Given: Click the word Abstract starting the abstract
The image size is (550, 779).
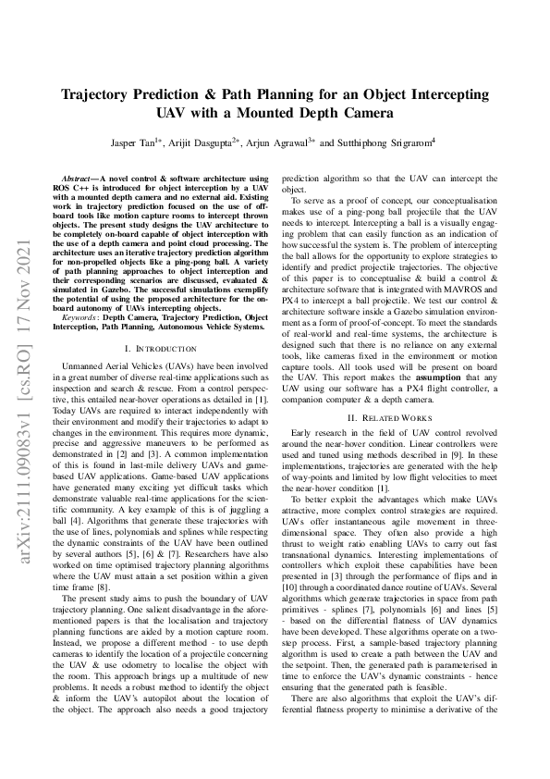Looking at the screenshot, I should point(77,178).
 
